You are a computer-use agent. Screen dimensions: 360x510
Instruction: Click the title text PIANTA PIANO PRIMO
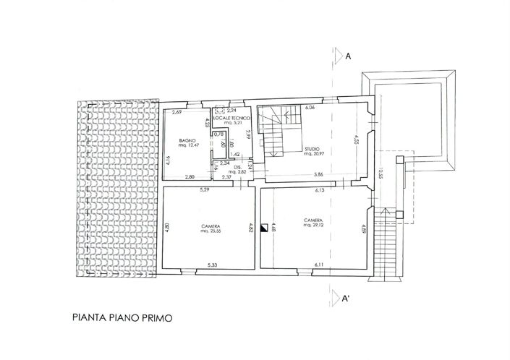coord(122,316)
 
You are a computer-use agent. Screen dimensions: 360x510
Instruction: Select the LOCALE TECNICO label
coord(236,118)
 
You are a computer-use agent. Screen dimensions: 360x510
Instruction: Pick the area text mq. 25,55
coord(211,231)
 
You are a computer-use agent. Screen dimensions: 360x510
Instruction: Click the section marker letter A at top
coord(349,56)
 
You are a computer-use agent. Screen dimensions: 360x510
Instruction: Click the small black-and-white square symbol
coord(265,225)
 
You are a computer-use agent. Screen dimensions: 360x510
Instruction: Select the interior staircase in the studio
coord(281,131)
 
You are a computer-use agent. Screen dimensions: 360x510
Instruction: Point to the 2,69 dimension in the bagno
coord(176,112)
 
